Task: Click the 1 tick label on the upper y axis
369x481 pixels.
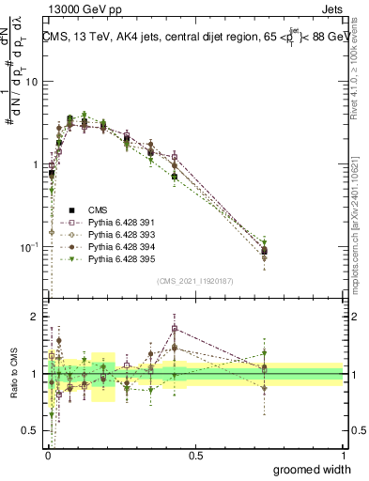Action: point(35,164)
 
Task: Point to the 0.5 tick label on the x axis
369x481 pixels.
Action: point(194,457)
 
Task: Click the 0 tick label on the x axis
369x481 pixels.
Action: point(47,457)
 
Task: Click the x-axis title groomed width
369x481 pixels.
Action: point(312,470)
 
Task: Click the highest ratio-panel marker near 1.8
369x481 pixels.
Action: point(175,329)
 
